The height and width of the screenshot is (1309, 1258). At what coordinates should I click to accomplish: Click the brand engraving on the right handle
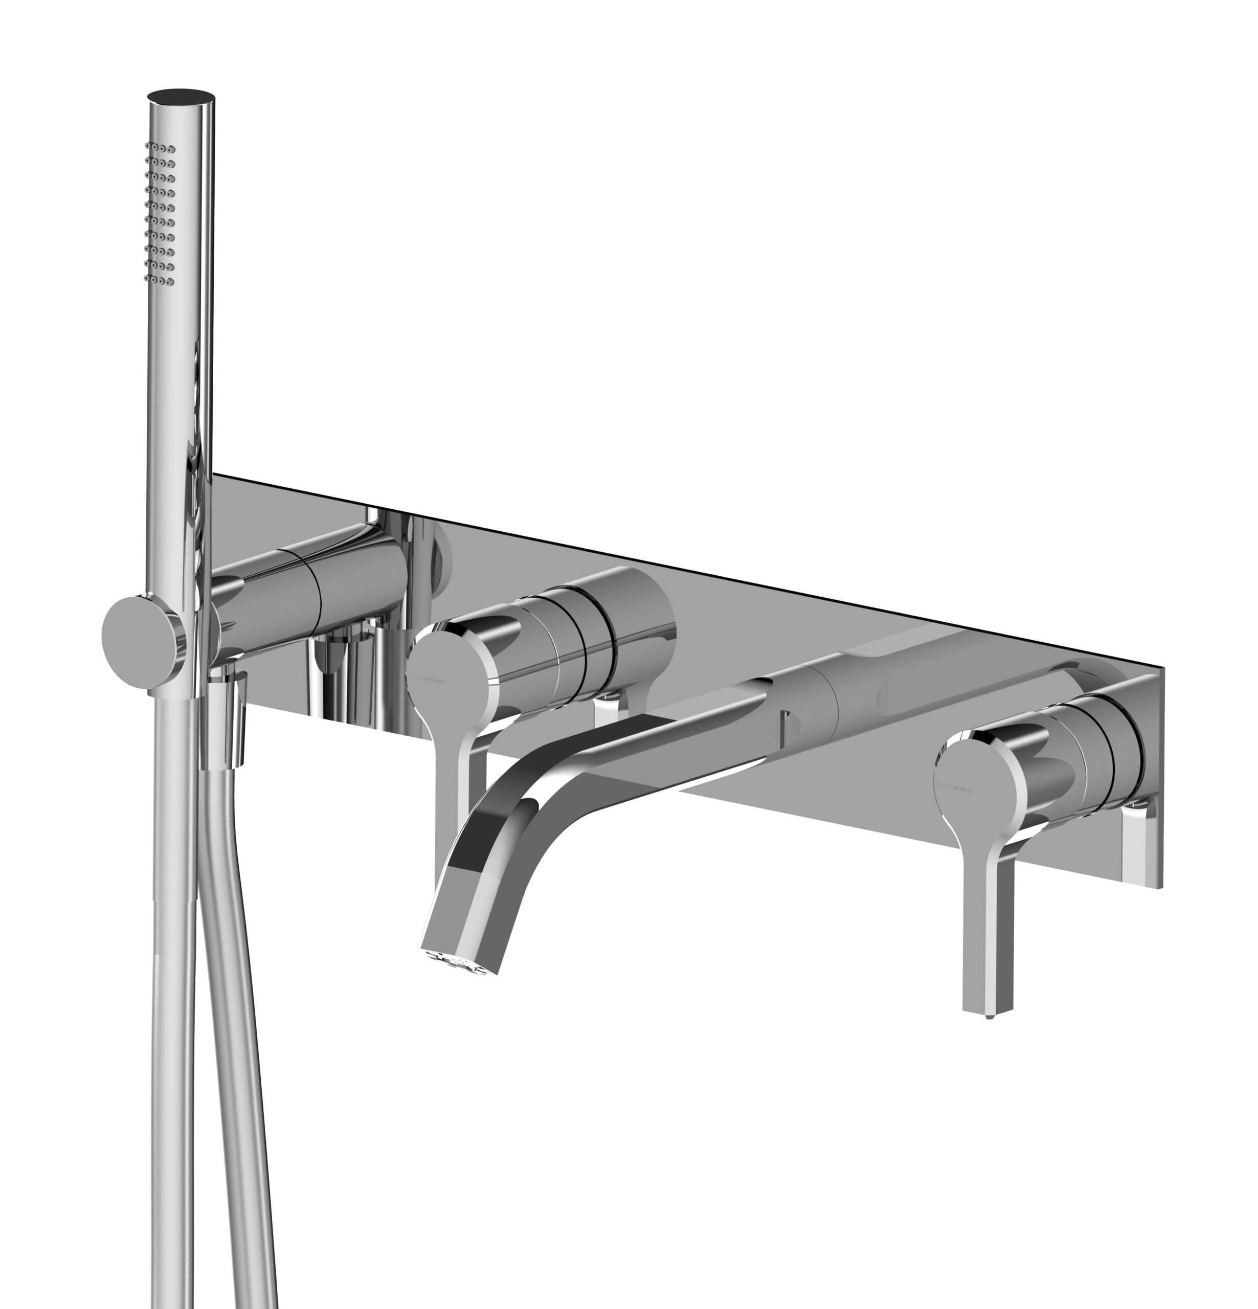(x=955, y=787)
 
